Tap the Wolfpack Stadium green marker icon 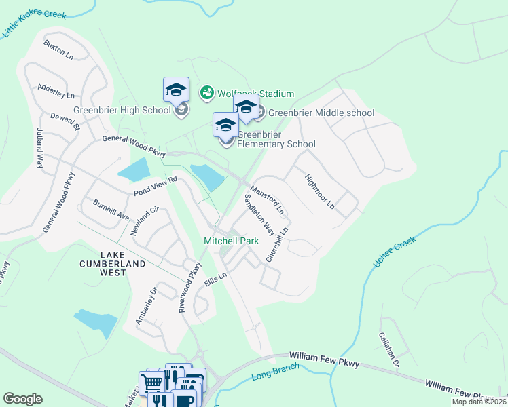(x=207, y=92)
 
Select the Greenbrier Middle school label (x=321, y=113)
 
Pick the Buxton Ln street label (x=58, y=50)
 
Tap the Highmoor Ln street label (x=320, y=191)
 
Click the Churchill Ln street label (x=277, y=245)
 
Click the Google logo (x=22, y=399)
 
